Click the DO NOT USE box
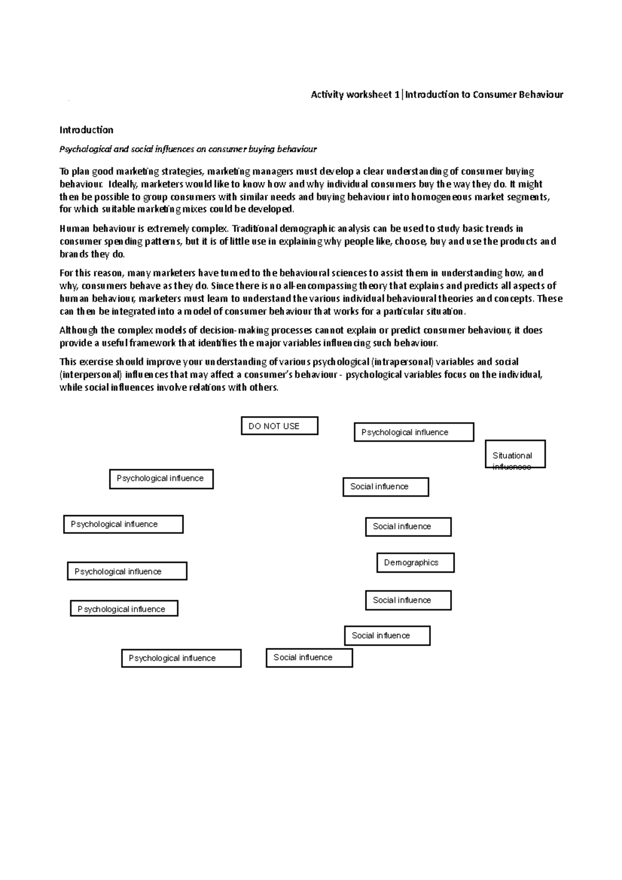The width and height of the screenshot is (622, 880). pos(279,426)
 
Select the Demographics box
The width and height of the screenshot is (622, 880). pos(415,562)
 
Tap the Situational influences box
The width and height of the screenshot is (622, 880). pos(515,455)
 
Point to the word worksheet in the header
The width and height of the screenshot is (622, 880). pos(369,94)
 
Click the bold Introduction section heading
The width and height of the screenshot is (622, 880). pos(86,130)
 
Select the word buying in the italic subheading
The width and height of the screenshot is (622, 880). pos(261,149)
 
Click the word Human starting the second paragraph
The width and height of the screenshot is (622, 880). pos(75,229)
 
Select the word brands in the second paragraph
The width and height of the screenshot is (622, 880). pos(74,254)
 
